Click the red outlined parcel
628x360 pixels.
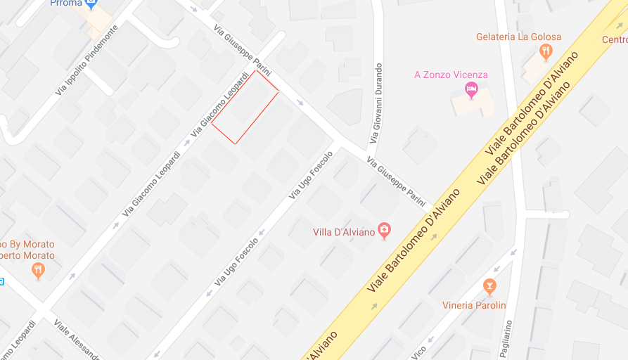[245, 108]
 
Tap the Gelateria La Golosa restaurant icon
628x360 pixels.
[544, 51]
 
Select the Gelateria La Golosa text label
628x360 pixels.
[518, 37]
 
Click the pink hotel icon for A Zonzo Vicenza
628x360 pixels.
[471, 89]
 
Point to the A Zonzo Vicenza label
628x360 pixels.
[451, 75]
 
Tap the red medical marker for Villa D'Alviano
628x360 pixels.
[384, 230]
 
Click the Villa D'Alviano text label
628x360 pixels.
[343, 231]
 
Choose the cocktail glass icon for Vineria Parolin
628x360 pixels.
[489, 285]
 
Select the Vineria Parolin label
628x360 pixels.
[474, 305]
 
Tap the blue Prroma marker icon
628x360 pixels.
[91, 4]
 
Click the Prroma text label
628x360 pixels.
[65, 4]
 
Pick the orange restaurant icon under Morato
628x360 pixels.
[38, 269]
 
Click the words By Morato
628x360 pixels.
[28, 244]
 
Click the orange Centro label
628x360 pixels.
[614, 39]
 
